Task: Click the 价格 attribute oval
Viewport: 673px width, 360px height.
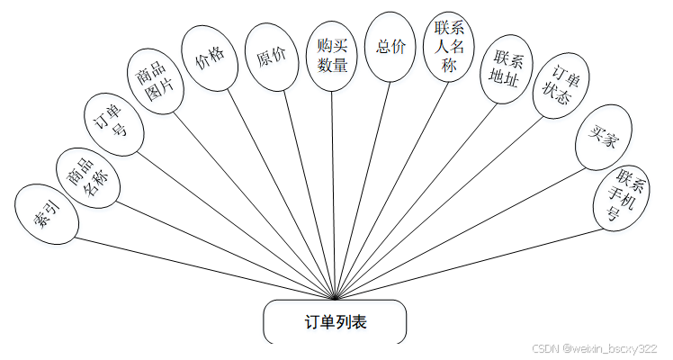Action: [211, 57]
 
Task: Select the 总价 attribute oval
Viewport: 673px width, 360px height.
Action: [390, 45]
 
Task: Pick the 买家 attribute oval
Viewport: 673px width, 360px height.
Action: [601, 139]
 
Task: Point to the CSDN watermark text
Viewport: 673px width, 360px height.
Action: [594, 348]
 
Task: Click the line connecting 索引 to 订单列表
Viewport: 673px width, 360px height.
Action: [198, 266]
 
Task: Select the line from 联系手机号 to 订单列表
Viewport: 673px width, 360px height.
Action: [468, 266]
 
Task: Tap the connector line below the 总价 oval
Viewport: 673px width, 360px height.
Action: [363, 180]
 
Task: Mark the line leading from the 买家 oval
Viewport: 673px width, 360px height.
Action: [468, 225]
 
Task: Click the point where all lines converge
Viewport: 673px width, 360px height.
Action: [336, 298]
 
